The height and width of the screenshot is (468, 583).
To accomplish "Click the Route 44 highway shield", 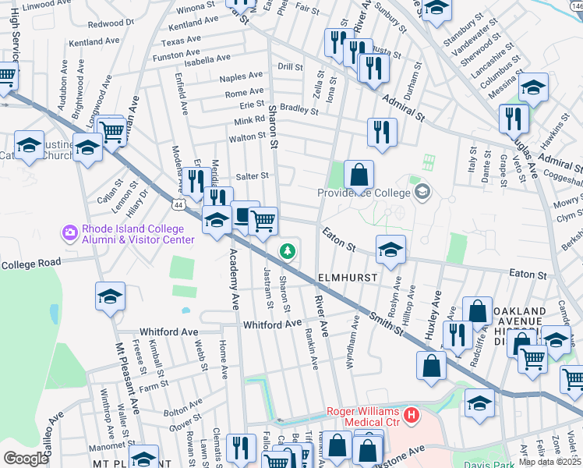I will pyautogui.click(x=178, y=205).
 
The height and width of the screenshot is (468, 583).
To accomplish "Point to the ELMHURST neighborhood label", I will pyautogui.click(x=348, y=278).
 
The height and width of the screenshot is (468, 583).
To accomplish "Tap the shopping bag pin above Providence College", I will pyautogui.click(x=359, y=172).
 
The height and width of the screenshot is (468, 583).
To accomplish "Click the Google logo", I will pyautogui.click(x=26, y=458).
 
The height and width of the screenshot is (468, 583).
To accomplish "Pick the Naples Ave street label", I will pyautogui.click(x=241, y=76).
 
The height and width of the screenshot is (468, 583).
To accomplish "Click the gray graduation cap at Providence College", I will pyautogui.click(x=423, y=191).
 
